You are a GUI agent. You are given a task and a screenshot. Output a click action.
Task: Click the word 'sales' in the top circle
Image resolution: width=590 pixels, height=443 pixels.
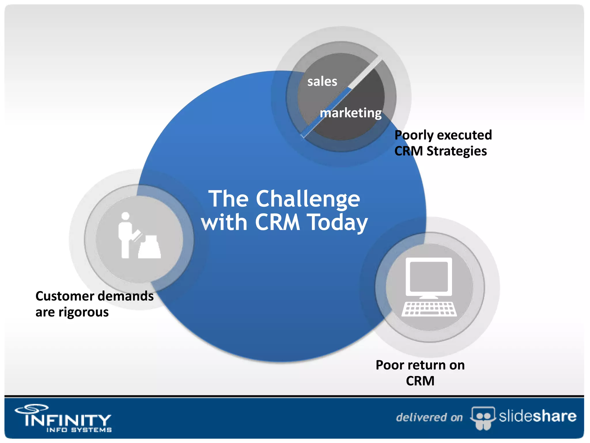pos(322,82)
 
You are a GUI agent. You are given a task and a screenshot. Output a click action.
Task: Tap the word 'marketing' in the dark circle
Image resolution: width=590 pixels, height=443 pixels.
pos(351,113)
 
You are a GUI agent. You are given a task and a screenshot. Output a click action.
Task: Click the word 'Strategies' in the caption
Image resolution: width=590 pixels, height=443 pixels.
pos(457,151)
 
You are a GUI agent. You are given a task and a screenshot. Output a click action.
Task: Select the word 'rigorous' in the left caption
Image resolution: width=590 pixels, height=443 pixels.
pos(84,312)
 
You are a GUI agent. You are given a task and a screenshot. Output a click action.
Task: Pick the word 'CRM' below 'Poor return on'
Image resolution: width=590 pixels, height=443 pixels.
pos(420,381)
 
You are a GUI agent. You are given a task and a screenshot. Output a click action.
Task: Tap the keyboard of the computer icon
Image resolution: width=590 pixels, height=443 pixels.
pos(429,309)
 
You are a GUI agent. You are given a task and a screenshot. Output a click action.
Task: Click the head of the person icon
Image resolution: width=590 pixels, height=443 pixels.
pos(125,216)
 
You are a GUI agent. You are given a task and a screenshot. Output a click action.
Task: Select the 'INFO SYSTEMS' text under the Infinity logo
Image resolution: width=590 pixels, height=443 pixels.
pos(79,430)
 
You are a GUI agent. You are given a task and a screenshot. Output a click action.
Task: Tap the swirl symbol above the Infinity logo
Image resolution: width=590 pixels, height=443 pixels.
pos(32,408)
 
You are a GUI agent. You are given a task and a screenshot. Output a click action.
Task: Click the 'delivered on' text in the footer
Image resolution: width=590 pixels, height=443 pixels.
pos(429,417)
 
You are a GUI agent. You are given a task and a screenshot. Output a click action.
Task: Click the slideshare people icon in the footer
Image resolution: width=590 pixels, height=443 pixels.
pos(483,417)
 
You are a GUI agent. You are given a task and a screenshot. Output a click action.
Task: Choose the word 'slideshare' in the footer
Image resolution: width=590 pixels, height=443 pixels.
pos(537,416)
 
